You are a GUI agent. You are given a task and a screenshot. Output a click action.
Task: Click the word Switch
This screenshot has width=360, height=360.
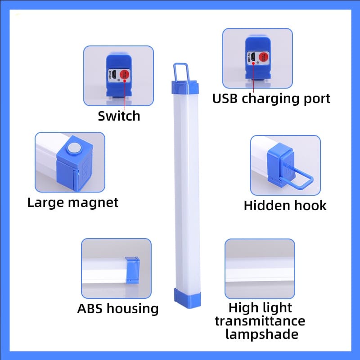tap(119, 116)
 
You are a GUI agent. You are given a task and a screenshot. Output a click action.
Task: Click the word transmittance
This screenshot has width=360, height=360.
tap(260, 321)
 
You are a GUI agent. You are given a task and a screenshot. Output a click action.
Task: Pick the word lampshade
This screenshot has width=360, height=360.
tap(261, 334)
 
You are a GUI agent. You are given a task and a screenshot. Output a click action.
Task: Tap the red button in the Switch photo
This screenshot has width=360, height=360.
tap(126, 76)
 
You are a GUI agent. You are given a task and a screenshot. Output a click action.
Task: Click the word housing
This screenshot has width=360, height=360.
tap(133, 309)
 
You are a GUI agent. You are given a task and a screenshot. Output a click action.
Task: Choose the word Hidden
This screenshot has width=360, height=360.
tap(265, 206)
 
